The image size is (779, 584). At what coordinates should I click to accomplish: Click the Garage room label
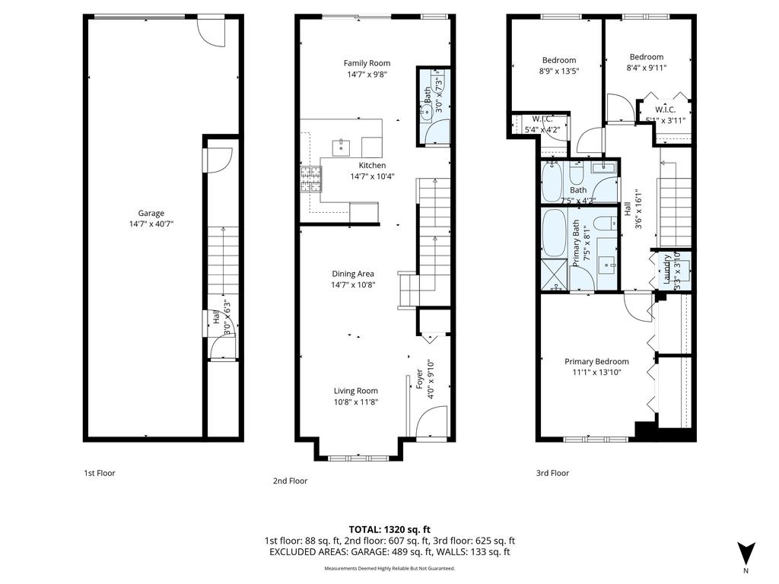pyautogui.click(x=151, y=214)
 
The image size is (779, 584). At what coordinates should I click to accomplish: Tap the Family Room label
pyautogui.click(x=367, y=64)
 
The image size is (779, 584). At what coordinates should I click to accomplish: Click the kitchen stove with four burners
pyautogui.click(x=310, y=179)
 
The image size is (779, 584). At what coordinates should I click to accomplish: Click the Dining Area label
pyautogui.click(x=352, y=274)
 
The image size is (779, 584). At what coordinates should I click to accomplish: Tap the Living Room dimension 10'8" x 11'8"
pyautogui.click(x=355, y=402)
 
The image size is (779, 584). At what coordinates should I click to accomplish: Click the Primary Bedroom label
pyautogui.click(x=596, y=362)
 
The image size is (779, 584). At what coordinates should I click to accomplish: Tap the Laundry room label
pyautogui.click(x=667, y=270)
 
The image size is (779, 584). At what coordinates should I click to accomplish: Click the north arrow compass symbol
pyautogui.click(x=746, y=553)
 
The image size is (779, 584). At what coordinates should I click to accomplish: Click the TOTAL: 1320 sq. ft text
pyautogui.click(x=389, y=529)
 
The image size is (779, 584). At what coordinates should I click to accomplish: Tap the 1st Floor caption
pyautogui.click(x=99, y=473)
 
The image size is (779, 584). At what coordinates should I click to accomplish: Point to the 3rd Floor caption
pyautogui.click(x=552, y=473)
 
